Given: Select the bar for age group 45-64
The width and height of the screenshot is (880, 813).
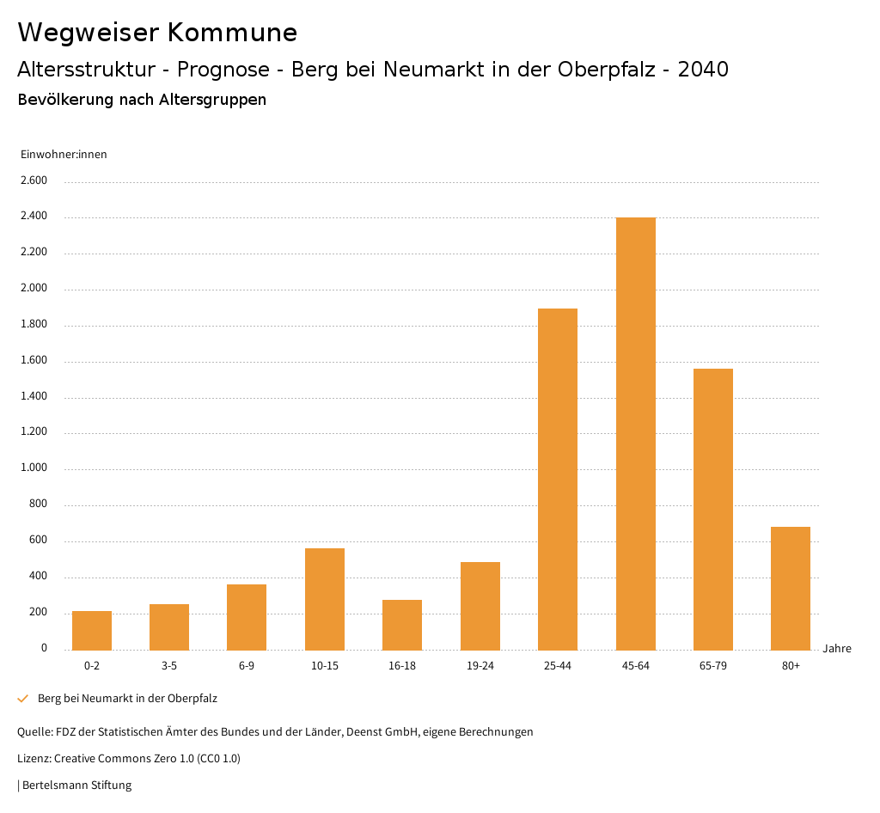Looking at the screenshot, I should [x=635, y=433].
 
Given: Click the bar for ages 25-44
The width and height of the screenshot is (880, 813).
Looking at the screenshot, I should [x=558, y=479].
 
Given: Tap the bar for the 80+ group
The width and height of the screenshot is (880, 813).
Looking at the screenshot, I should [x=791, y=588].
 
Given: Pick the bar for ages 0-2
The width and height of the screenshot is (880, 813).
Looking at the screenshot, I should [x=92, y=630].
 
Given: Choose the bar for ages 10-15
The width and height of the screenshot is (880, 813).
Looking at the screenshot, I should [x=325, y=599].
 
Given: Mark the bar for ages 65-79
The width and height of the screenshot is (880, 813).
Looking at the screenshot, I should [x=713, y=509].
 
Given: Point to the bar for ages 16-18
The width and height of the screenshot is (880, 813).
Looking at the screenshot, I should [x=402, y=625].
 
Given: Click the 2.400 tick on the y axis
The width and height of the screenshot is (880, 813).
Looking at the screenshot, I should [x=35, y=217].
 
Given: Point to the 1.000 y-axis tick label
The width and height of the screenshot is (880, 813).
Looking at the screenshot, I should [x=35, y=468].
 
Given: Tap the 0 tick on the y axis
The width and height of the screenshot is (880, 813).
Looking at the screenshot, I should [x=44, y=648].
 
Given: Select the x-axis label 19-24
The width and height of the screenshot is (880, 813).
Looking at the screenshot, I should [x=480, y=666].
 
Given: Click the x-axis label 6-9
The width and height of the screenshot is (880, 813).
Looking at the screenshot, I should [x=247, y=666].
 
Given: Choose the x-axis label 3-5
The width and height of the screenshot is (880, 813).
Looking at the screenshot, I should [x=169, y=666].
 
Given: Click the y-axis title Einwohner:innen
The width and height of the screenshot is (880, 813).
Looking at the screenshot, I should [x=64, y=155].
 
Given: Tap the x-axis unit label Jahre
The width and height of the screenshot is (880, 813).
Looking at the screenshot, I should [x=836, y=649].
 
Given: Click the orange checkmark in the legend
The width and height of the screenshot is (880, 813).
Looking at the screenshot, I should [x=23, y=699].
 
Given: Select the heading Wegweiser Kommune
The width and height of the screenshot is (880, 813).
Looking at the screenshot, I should [x=157, y=33].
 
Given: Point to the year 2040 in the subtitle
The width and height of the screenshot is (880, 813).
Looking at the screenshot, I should [x=703, y=70].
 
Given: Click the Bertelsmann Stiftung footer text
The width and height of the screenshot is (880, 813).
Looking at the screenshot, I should [x=75, y=785].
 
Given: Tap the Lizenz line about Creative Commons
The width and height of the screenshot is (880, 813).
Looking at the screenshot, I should [x=129, y=759].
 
